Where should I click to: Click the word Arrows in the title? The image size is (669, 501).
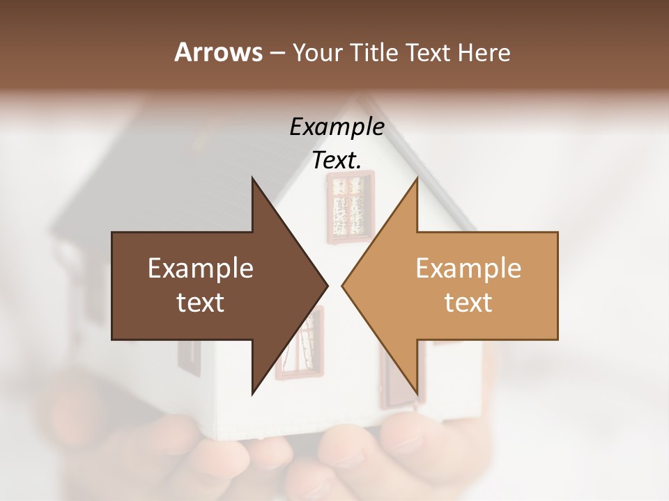click(x=218, y=52)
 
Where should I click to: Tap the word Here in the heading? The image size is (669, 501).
click(x=484, y=52)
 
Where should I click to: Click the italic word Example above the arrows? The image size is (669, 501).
click(x=337, y=127)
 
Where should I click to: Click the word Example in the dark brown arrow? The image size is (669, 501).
click(x=201, y=268)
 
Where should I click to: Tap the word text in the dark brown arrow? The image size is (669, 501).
click(x=201, y=302)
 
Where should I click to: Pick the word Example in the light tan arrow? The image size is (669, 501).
click(x=468, y=268)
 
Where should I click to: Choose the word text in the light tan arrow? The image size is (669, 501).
click(x=468, y=302)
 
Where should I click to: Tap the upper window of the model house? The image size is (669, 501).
click(x=351, y=207)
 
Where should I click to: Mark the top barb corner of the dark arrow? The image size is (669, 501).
click(x=252, y=179)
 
